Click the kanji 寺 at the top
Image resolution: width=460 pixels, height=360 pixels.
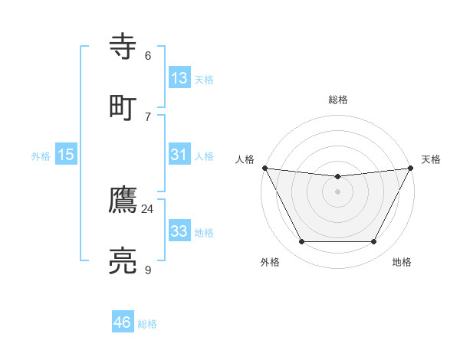pyautogui.click(x=123, y=47)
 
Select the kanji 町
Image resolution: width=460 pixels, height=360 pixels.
pyautogui.click(x=123, y=106)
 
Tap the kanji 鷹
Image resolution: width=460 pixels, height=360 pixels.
pyautogui.click(x=123, y=201)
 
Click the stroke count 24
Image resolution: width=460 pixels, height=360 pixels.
pyautogui.click(x=147, y=208)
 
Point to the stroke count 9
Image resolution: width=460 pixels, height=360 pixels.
pyautogui.click(x=147, y=269)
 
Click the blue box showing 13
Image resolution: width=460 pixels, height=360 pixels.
pyautogui.click(x=179, y=77)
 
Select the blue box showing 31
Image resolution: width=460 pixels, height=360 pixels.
pyautogui.click(x=179, y=154)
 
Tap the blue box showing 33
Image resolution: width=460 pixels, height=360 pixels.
pyautogui.click(x=179, y=231)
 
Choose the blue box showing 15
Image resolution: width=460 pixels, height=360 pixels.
pyautogui.click(x=66, y=154)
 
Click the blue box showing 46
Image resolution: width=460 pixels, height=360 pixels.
pyautogui.click(x=123, y=322)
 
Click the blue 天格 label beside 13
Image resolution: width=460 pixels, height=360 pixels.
pyautogui.click(x=204, y=79)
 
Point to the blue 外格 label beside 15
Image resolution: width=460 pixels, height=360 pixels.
pyautogui.click(x=41, y=155)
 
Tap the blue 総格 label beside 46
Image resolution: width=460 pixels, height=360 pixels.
pyautogui.click(x=147, y=324)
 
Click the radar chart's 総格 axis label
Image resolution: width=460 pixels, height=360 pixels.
pyautogui.click(x=338, y=100)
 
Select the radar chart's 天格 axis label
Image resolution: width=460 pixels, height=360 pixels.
pyautogui.click(x=431, y=159)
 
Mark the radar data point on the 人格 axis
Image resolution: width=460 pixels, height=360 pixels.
pyautogui.click(x=264, y=168)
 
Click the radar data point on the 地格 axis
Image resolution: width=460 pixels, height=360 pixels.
pyautogui.click(x=374, y=242)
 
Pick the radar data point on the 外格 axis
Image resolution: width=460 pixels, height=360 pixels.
pyautogui.click(x=301, y=242)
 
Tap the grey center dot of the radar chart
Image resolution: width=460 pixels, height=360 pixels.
pyautogui.click(x=338, y=191)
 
